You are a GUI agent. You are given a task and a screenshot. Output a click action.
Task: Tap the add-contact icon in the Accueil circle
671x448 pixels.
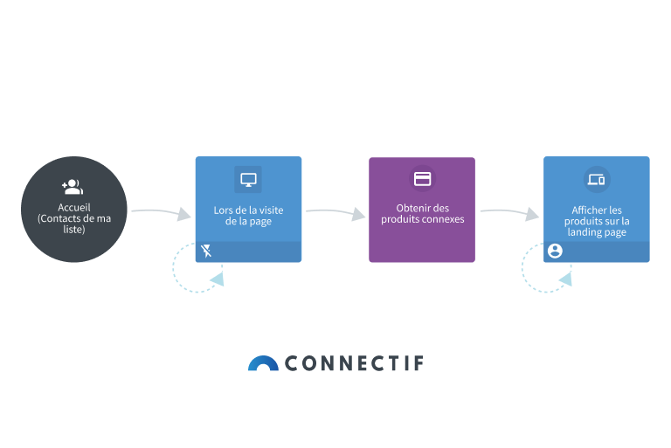73,186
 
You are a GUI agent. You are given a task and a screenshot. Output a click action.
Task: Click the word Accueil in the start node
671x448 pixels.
73,207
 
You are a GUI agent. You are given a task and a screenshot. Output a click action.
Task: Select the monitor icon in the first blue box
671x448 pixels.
248,180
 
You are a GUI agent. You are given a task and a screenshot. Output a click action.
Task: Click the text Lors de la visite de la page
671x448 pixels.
248,216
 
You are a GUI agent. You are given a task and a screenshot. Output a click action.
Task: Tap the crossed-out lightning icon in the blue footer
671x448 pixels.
206,252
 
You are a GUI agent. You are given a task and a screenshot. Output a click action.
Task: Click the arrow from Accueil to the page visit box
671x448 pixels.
160,212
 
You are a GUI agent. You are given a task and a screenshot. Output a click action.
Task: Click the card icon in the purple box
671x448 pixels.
422,179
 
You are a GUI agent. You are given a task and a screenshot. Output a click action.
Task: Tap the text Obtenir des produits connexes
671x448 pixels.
422,213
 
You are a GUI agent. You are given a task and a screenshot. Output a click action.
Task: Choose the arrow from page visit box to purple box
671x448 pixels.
335,212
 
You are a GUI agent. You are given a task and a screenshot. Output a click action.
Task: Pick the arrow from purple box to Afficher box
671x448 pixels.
508,212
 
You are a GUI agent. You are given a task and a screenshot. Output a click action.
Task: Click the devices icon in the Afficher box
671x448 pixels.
597,180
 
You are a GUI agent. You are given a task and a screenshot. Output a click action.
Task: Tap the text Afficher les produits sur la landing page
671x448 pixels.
597,221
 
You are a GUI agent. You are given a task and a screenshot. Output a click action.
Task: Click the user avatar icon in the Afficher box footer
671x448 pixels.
555,252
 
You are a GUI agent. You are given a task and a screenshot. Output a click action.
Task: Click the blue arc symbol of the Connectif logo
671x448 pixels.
262,363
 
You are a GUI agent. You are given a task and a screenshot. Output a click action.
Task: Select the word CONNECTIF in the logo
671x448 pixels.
354,363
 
